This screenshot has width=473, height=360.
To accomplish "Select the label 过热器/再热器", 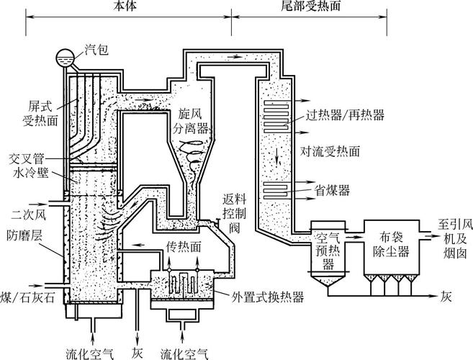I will pos(345,114).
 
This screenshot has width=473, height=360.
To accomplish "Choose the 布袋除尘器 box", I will pos(392,245).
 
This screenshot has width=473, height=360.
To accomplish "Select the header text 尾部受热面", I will pos(291,6).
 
